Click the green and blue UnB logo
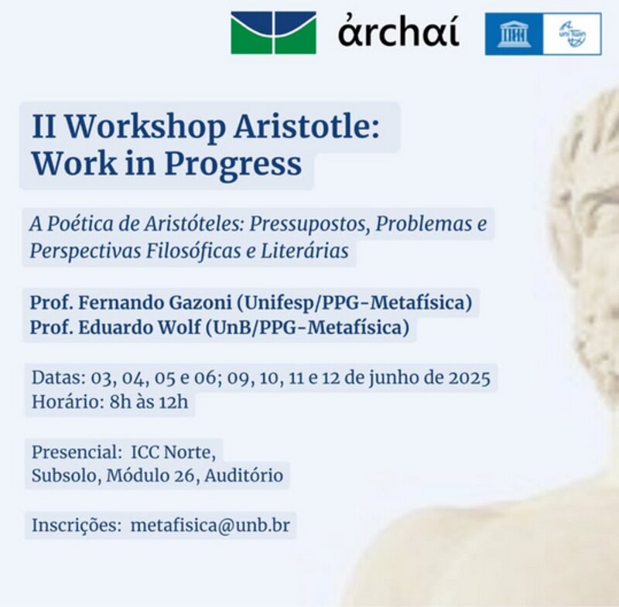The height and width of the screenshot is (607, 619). (x=273, y=32)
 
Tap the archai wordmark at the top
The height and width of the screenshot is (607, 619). (x=398, y=32)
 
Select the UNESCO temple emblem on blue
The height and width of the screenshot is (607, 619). (x=514, y=34)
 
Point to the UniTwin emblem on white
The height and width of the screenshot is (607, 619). (x=572, y=34)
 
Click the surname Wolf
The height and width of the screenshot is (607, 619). (x=179, y=327)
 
